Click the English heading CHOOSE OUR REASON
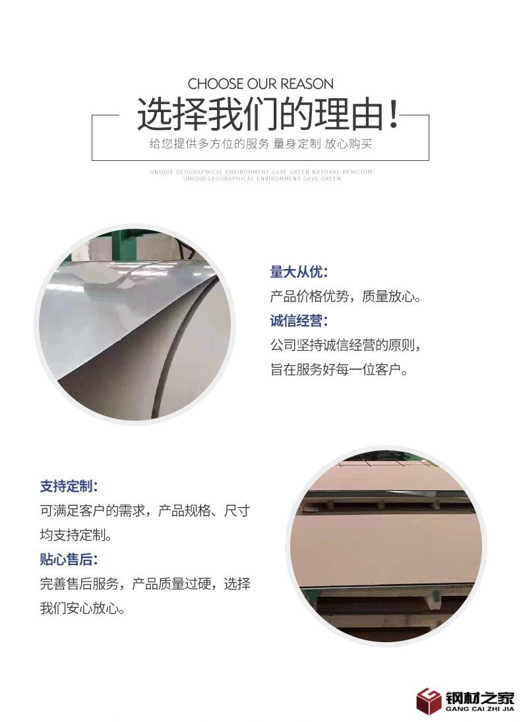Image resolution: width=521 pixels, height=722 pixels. pyautogui.click(x=260, y=84)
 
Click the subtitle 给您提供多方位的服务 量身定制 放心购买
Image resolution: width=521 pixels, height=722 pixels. pyautogui.click(x=260, y=144)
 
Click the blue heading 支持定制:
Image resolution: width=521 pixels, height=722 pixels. pyautogui.click(x=69, y=487)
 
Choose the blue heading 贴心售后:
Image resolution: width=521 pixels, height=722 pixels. pyautogui.click(x=69, y=560)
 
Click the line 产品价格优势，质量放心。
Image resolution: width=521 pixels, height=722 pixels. pyautogui.click(x=346, y=297)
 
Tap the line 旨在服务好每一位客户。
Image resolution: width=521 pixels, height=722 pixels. pyautogui.click(x=339, y=370)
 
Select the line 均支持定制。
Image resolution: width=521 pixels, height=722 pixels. pyautogui.click(x=76, y=535)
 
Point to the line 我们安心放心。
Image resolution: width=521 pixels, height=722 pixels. pyautogui.click(x=82, y=608)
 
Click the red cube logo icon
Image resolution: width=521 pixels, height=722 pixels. pyautogui.click(x=429, y=700)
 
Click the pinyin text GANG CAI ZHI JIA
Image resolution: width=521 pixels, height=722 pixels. pyautogui.click(x=480, y=709)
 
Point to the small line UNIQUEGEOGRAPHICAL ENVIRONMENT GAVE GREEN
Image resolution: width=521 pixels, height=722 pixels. pyautogui.click(x=262, y=179)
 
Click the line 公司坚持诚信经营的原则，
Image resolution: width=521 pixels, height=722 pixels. pyautogui.click(x=346, y=346)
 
